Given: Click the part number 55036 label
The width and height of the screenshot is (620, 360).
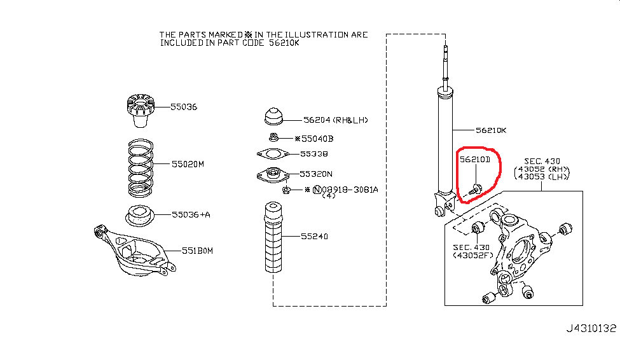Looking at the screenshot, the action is pyautogui.click(x=184, y=107).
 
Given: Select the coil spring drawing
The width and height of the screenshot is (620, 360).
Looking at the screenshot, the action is pyautogui.click(x=141, y=168).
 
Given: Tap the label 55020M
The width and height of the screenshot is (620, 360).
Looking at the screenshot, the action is pyautogui.click(x=188, y=164).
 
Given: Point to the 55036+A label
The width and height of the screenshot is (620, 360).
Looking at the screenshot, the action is pyautogui.click(x=191, y=214).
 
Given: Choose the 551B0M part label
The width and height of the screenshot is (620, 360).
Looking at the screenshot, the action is pyautogui.click(x=197, y=251).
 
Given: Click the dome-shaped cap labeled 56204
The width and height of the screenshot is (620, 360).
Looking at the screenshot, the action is pyautogui.click(x=273, y=116).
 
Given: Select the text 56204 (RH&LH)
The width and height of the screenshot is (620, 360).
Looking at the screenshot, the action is pyautogui.click(x=336, y=120).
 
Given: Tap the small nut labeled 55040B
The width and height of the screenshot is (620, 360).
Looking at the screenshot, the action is pyautogui.click(x=273, y=137).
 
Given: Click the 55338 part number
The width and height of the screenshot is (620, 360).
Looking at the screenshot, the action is pyautogui.click(x=314, y=154).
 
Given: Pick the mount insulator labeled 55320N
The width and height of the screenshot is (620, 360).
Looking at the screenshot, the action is pyautogui.click(x=272, y=176).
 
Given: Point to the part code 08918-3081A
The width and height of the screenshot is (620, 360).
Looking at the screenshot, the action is pyautogui.click(x=350, y=190).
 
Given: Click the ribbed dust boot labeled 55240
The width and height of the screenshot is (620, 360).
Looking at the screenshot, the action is pyautogui.click(x=273, y=237).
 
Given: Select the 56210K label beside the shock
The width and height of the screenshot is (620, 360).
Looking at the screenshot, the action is pyautogui.click(x=491, y=130).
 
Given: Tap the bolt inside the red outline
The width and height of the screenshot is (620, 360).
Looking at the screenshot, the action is pyautogui.click(x=475, y=190).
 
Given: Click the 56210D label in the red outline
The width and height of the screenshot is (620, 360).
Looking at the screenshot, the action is pyautogui.click(x=475, y=160).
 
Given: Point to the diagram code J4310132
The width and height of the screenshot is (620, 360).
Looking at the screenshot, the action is pyautogui.click(x=591, y=328).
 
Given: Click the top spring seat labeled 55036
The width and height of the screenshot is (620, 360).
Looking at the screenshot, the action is pyautogui.click(x=141, y=111).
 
